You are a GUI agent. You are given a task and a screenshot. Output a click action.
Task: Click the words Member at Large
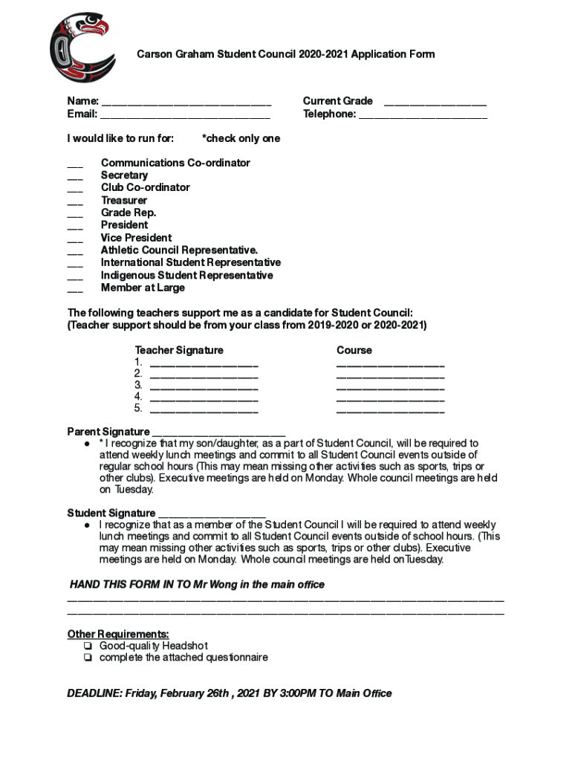tap(143, 288)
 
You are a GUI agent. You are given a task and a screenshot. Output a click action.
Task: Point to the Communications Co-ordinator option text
tap(175, 163)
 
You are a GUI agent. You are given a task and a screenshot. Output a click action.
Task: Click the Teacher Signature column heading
tap(178, 350)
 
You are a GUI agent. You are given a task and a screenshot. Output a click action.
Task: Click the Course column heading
tap(354, 350)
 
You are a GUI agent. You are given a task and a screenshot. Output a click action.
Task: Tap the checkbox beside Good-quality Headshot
tap(88, 646)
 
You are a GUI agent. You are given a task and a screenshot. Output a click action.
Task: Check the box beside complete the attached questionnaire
tap(88, 658)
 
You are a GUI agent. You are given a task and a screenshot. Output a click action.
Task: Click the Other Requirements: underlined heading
tap(118, 634)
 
